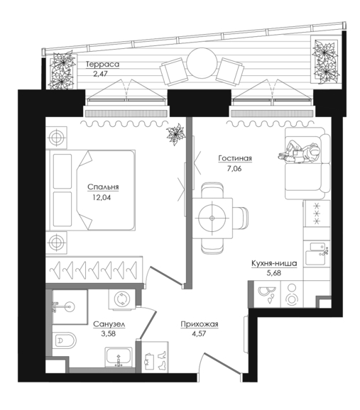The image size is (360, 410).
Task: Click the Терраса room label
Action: pyautogui.click(x=103, y=65)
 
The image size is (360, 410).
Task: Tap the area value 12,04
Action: pyautogui.click(x=102, y=198)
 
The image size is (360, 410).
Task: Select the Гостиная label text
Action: pyautogui.click(x=235, y=158)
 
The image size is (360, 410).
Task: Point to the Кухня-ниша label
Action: pyautogui.click(x=274, y=263)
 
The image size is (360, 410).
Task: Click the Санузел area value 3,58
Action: pyautogui.click(x=109, y=333)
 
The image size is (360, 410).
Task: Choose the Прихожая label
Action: pyautogui.click(x=200, y=324)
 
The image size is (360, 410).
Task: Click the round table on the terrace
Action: pyautogui.click(x=202, y=62)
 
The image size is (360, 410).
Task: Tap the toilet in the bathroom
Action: pyautogui.click(x=64, y=340)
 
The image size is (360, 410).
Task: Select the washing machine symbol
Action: pyautogui.click(x=122, y=299)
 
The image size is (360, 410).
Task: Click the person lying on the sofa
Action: pyautogui.click(x=300, y=153)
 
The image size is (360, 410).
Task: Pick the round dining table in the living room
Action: pyautogui.click(x=212, y=218)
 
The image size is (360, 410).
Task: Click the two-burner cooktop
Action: pyautogui.click(x=291, y=294)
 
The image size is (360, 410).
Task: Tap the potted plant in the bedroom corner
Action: pyautogui.click(x=176, y=134)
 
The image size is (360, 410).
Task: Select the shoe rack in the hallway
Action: pyautogui.click(x=155, y=357)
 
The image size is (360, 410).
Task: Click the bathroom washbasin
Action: pyautogui.click(x=119, y=358)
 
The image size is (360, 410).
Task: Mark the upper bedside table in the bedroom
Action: pyautogui.click(x=56, y=138)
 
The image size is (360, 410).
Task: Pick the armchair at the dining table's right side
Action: pyautogui.click(x=240, y=218)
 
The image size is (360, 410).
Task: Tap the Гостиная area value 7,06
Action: pyautogui.click(x=234, y=169)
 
